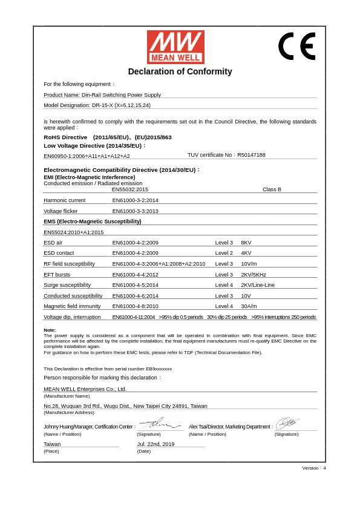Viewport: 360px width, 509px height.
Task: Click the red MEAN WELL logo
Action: coord(175,47)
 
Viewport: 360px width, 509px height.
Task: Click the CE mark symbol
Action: coord(296,46)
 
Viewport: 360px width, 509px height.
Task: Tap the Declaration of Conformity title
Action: coord(180,71)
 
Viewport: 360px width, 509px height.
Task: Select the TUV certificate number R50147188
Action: coord(251,155)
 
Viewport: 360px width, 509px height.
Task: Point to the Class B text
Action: coord(272,189)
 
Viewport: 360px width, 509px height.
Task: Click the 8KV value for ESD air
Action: coord(246,243)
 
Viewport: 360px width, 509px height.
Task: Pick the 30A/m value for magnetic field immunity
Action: coord(249,306)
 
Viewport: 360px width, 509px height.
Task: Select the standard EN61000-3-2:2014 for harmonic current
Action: coord(135,200)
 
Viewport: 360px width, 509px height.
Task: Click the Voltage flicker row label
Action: coord(61,211)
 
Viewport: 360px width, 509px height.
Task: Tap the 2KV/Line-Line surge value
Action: coord(258,285)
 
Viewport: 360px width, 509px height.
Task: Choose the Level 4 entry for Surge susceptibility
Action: coord(224,285)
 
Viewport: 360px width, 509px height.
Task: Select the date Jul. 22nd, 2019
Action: coord(155,444)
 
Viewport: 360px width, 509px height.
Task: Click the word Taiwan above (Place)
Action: coord(52,444)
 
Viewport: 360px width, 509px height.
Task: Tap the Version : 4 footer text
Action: coord(313,468)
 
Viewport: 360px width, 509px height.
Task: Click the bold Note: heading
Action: coord(50,330)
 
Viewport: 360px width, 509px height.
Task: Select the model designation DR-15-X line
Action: coord(97,105)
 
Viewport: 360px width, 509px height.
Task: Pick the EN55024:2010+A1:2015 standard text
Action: coord(73,232)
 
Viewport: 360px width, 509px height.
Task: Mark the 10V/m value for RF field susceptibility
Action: coord(249,264)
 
